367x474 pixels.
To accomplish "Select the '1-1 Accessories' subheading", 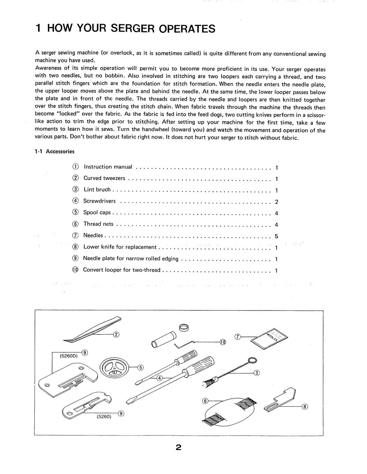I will [x=55, y=151].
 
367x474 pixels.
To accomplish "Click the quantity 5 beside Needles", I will [x=276, y=236].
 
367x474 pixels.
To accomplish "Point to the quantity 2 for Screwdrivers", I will [x=276, y=202].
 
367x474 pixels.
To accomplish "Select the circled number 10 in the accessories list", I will [x=75, y=270].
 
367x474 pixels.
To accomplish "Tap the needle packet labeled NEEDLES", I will [x=270, y=338].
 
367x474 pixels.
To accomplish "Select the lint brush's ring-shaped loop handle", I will [x=252, y=360].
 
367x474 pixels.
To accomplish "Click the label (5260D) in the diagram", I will [x=69, y=356].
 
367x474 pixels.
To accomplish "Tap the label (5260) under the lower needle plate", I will [x=104, y=417].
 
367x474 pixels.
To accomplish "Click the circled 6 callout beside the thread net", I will [x=205, y=401].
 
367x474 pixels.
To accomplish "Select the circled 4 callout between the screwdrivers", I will [x=160, y=378].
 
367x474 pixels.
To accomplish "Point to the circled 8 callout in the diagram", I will [x=305, y=406].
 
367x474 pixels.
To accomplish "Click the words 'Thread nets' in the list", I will [x=98, y=224].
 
